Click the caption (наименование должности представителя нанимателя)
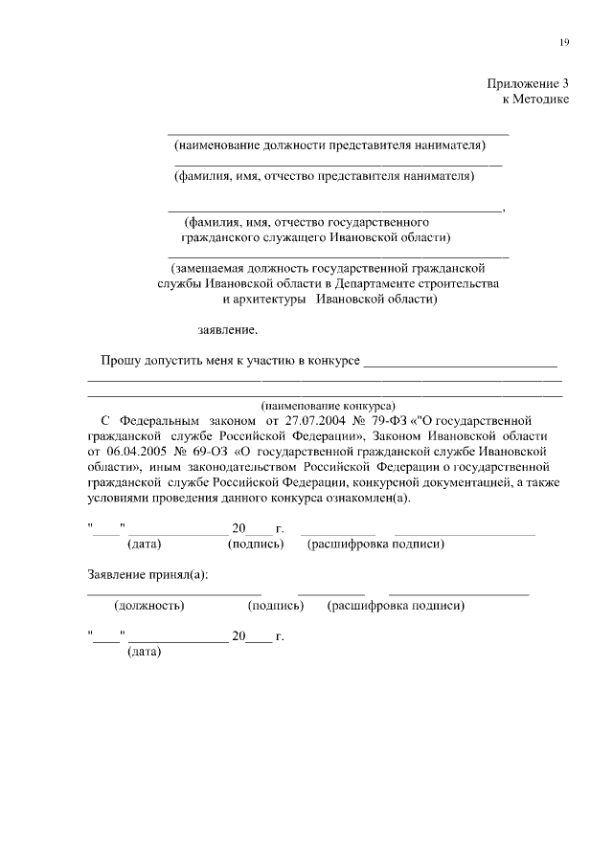[x=329, y=145]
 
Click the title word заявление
[x=228, y=330]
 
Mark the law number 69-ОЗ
[x=202, y=450]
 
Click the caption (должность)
[x=149, y=606]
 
